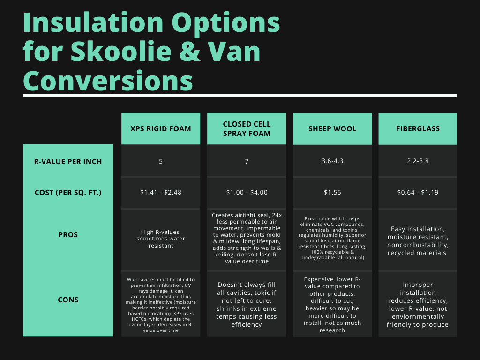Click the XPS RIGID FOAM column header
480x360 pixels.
(161, 128)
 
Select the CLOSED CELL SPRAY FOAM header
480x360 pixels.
(247, 128)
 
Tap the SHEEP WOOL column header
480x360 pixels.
(332, 128)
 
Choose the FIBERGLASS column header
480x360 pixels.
(418, 128)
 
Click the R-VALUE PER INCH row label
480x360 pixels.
(68, 161)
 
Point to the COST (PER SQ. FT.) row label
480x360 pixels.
(68, 193)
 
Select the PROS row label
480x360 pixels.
(68, 235)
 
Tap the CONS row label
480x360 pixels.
(68, 300)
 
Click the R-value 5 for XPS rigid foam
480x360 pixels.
(161, 161)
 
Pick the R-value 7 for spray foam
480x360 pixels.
(247, 161)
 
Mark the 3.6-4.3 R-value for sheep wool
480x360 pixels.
(332, 161)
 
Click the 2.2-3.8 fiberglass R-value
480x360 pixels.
(418, 161)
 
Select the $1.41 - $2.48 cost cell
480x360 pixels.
(161, 192)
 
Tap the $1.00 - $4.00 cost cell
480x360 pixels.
(247, 192)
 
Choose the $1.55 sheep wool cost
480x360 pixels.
(332, 192)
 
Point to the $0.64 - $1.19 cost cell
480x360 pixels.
(418, 192)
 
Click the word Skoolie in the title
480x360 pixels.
(121, 51)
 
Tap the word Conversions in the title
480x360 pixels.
(108, 80)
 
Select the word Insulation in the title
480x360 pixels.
(93, 22)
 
